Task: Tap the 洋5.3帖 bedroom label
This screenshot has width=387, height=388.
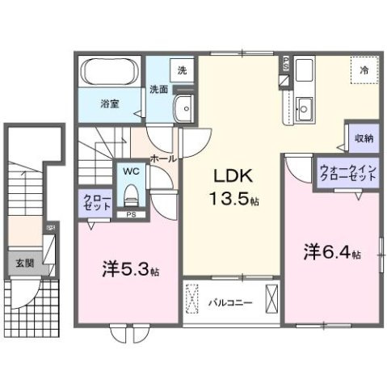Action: click(x=128, y=269)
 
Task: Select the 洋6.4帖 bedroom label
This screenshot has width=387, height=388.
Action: click(x=330, y=252)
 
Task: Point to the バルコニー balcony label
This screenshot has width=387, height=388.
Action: click(x=230, y=303)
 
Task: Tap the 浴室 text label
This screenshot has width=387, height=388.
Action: click(x=110, y=104)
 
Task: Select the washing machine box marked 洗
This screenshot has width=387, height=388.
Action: click(x=182, y=70)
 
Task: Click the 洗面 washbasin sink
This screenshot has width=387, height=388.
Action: click(x=185, y=107)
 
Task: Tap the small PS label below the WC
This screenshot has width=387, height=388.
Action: click(x=131, y=214)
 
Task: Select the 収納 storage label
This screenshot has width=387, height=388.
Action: click(x=363, y=138)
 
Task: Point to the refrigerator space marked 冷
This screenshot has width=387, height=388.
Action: click(x=363, y=71)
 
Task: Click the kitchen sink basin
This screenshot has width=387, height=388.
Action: click(x=305, y=105)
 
